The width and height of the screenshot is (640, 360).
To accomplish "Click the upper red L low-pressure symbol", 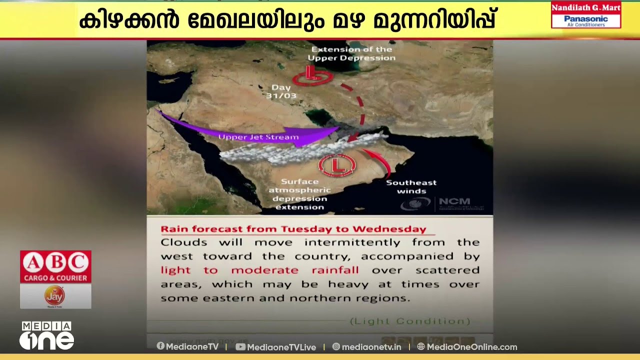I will tap(312, 76).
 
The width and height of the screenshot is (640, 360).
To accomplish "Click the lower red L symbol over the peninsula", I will tap(337, 164).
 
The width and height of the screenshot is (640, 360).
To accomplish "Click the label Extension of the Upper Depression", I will tap(351, 53).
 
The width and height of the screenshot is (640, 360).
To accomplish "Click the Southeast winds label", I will tap(411, 186).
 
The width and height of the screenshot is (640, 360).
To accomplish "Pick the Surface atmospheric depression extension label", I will tap(299, 194).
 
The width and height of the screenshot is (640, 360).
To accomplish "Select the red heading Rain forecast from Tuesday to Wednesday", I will tap(293, 229).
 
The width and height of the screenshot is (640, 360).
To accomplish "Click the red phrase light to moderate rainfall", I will tap(259, 270).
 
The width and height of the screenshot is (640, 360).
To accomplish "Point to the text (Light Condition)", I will tap(409, 321).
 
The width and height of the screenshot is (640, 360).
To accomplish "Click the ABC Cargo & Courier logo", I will tap(55, 266).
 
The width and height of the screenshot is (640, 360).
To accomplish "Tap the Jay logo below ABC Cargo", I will tap(55, 296).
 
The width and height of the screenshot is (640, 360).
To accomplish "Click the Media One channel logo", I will tap(46, 335).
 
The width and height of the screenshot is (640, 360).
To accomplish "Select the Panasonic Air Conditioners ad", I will tap(585, 20).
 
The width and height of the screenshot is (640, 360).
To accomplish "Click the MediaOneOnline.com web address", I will tap(471, 347).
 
